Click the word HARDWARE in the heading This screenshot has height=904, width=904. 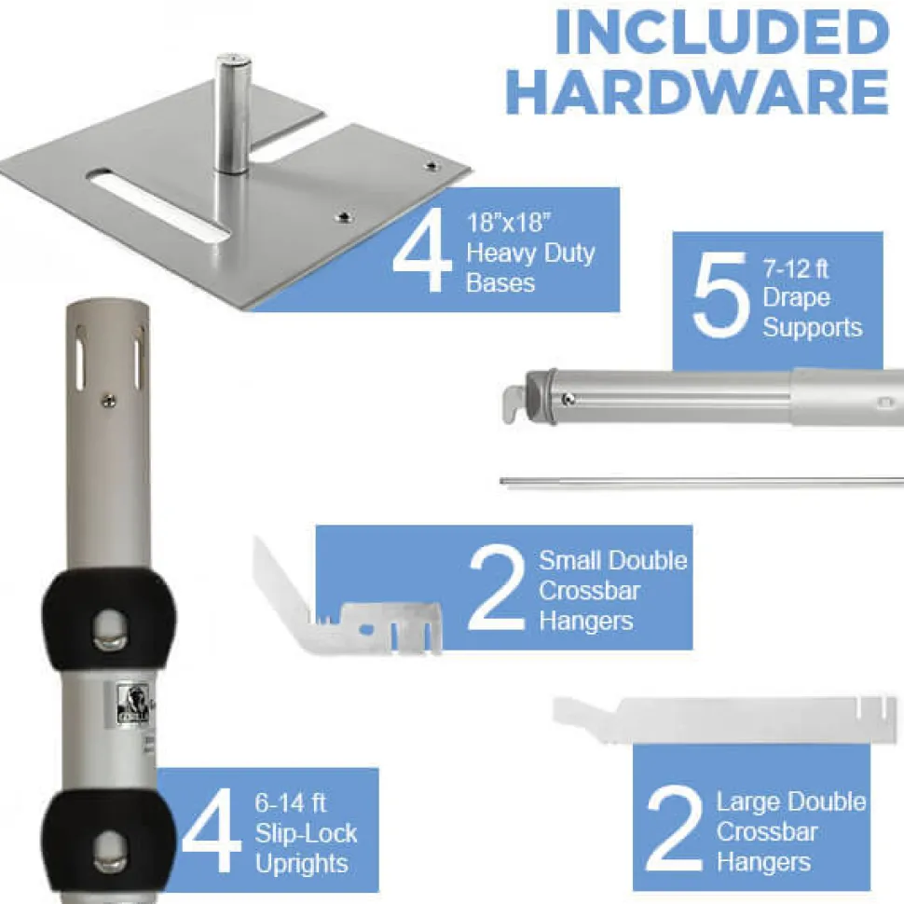699,92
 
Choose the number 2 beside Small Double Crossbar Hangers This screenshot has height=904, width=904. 497,588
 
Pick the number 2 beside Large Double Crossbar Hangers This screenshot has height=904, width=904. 675,829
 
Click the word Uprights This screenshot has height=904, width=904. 302,864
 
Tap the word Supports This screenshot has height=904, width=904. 813,328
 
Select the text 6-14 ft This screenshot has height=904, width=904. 291,803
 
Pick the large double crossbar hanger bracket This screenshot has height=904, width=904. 725,719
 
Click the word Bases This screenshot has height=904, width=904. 500,283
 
